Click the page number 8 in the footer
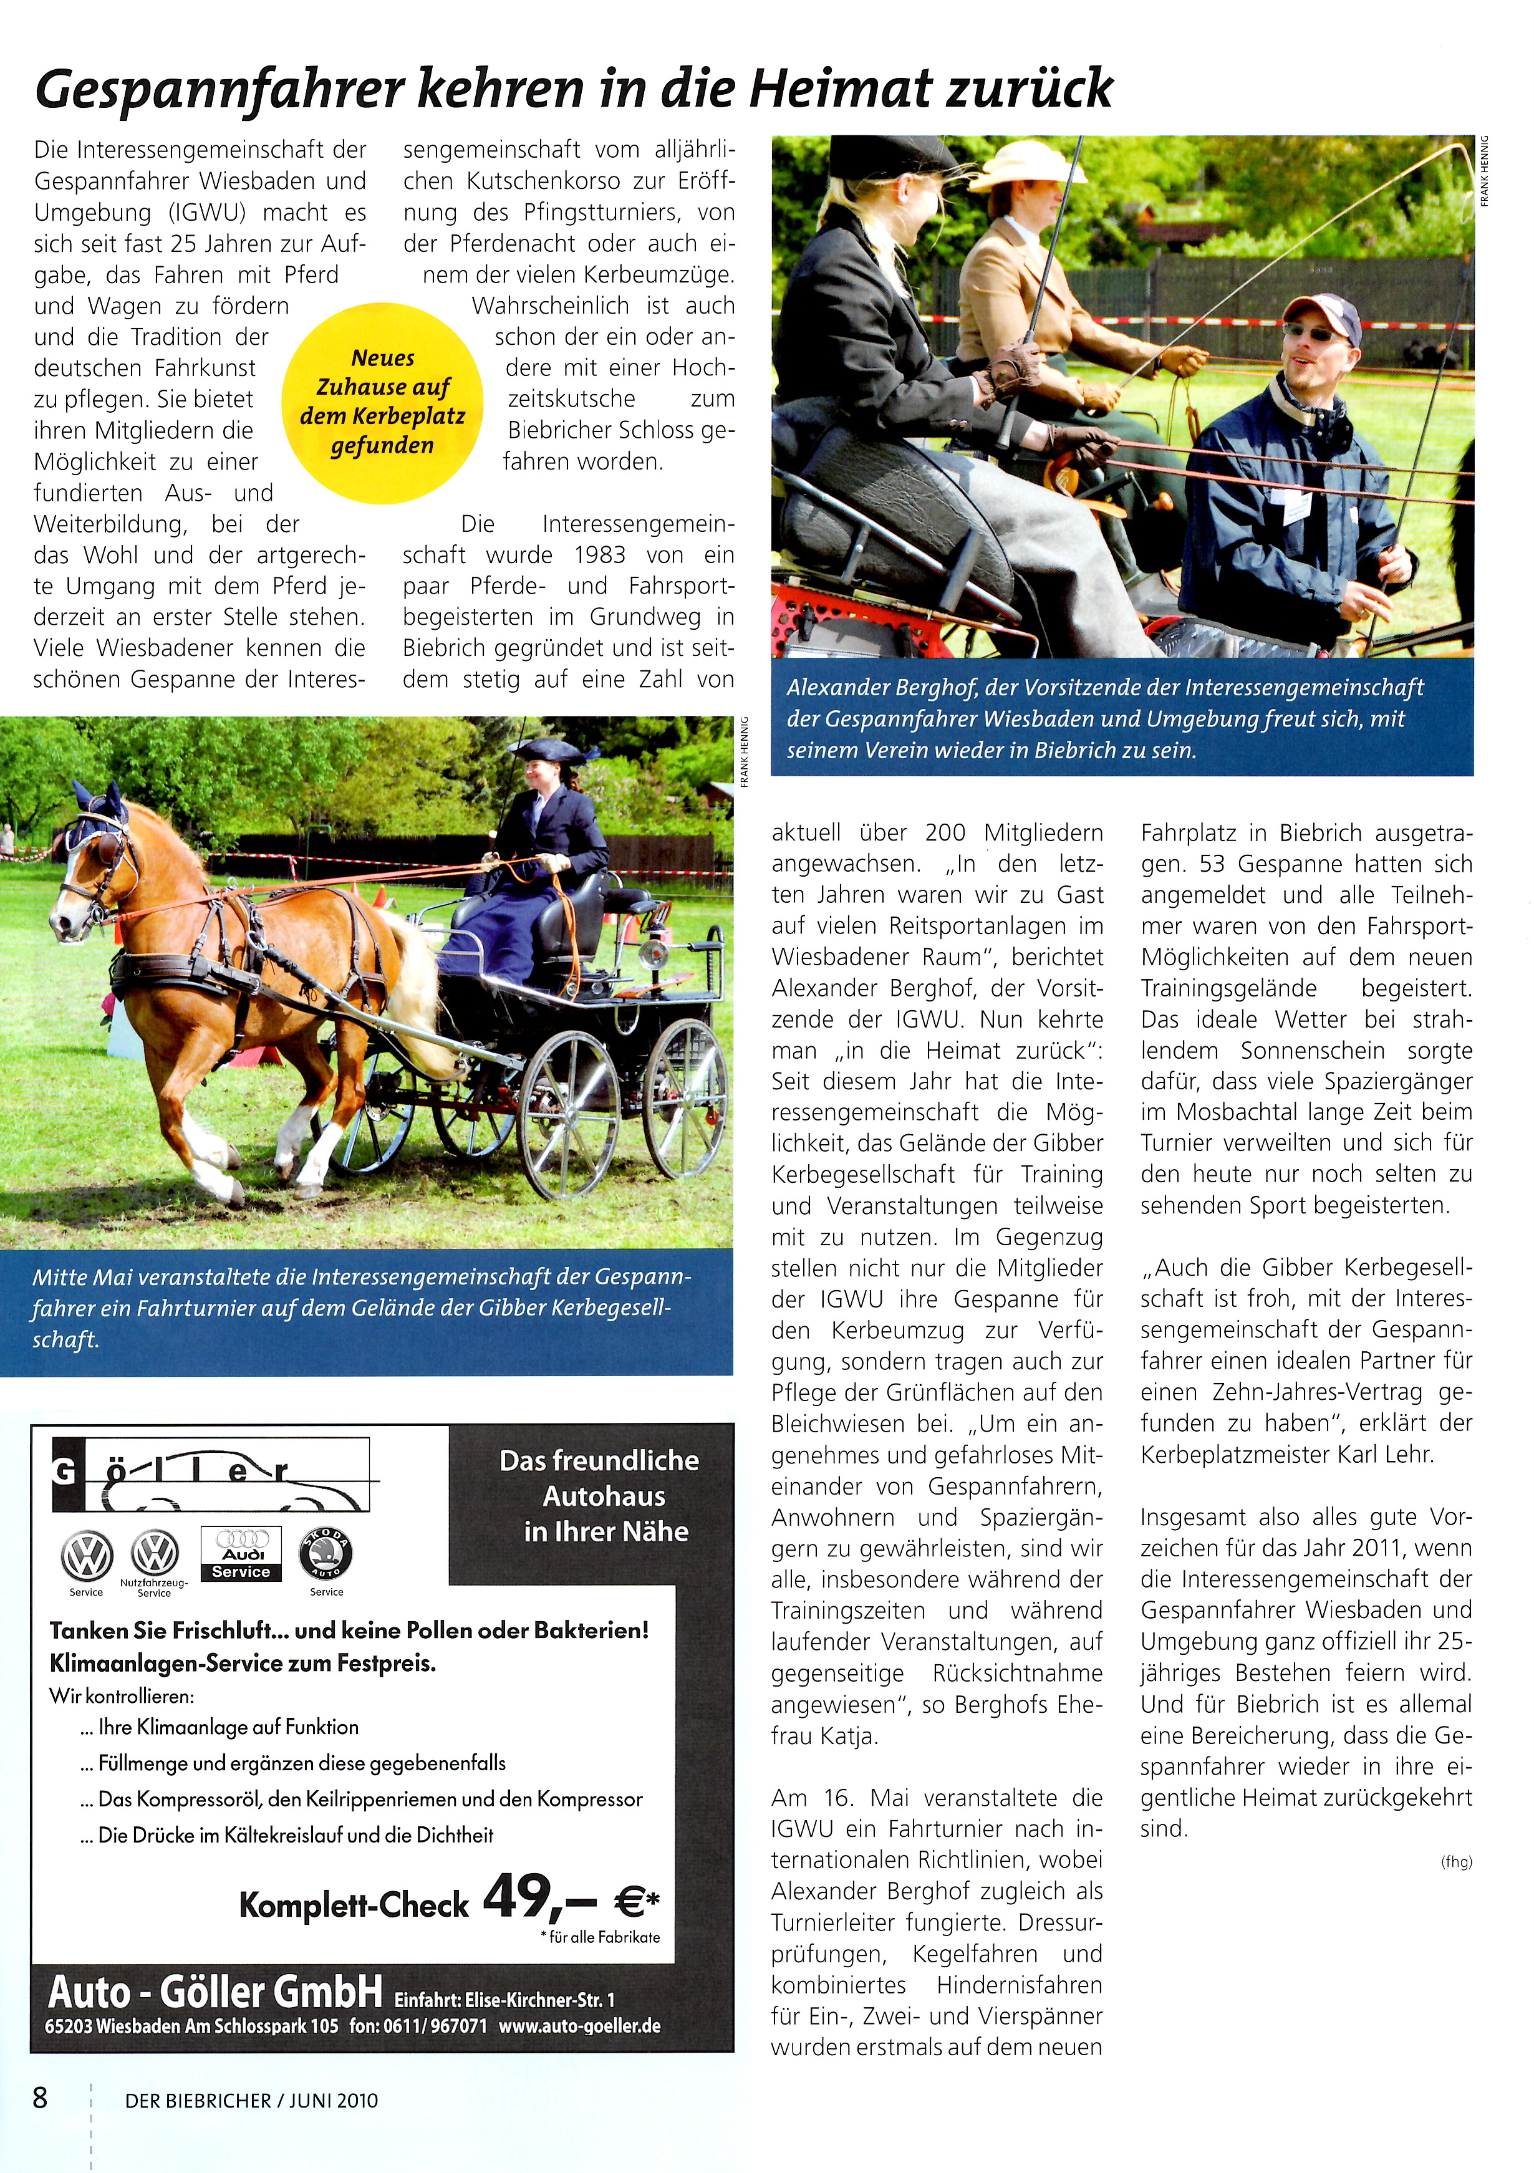tap(40, 2098)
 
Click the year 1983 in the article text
tap(599, 556)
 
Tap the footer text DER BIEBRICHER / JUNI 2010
tap(251, 2100)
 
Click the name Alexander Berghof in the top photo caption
tap(869, 688)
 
